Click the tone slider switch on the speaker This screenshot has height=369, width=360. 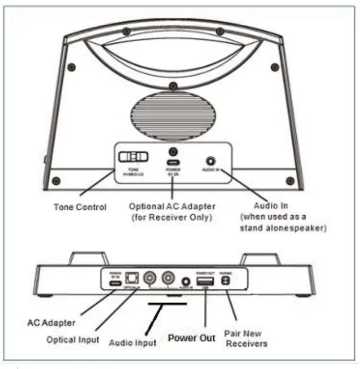134,156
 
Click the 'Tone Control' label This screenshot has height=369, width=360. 80,207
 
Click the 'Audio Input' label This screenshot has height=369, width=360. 133,342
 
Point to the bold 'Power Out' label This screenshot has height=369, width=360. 192,338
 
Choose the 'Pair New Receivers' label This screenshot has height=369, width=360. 247,338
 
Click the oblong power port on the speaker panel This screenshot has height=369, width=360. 173,163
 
